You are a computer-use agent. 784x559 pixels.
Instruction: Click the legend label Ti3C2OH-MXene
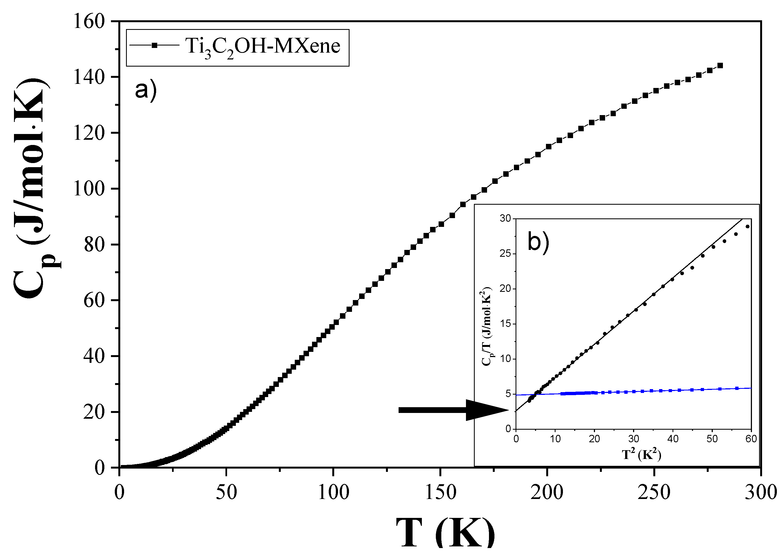(x=262, y=47)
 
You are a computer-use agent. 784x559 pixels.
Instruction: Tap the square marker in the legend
(x=154, y=45)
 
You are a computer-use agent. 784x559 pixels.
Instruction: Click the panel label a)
(x=145, y=90)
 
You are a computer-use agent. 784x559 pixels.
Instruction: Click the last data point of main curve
(x=720, y=65)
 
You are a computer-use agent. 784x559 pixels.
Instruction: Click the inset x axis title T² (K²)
(x=642, y=455)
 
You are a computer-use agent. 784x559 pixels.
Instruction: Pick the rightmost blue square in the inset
(x=737, y=388)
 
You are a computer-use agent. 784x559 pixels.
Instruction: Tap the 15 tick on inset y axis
(x=506, y=324)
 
